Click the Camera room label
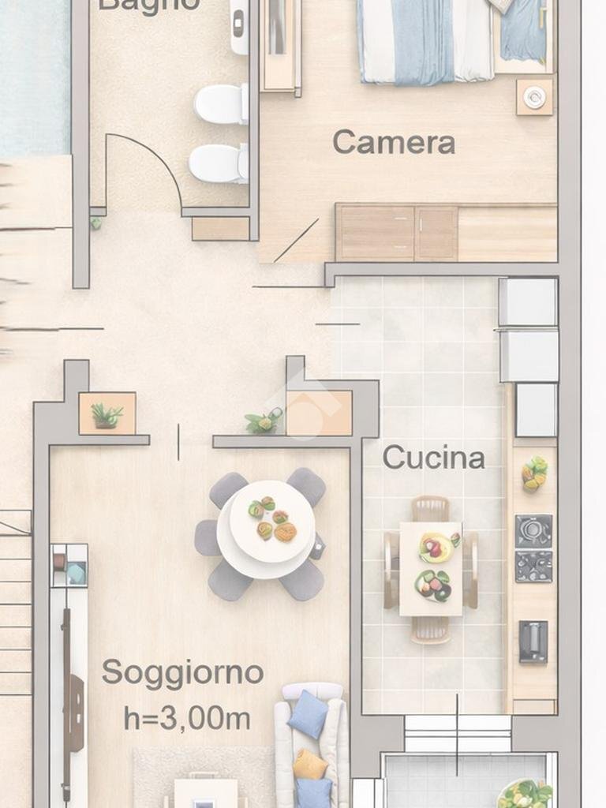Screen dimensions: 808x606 point(393,142)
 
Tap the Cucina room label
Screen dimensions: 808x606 point(433,458)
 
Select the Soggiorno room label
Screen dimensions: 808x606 point(182,673)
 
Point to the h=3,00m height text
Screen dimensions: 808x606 point(187,718)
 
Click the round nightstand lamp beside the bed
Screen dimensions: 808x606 point(534,97)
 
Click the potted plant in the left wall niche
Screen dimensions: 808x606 point(106,414)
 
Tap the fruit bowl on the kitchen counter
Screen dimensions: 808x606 point(534,473)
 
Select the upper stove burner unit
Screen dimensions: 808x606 point(533,530)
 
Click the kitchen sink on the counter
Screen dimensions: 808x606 point(533,641)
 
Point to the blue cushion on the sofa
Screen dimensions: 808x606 point(308,714)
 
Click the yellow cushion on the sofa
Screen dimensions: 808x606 point(309,764)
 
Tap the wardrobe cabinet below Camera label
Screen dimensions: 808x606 point(396,233)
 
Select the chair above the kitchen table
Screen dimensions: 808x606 point(430,508)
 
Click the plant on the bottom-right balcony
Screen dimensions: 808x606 point(524,792)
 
